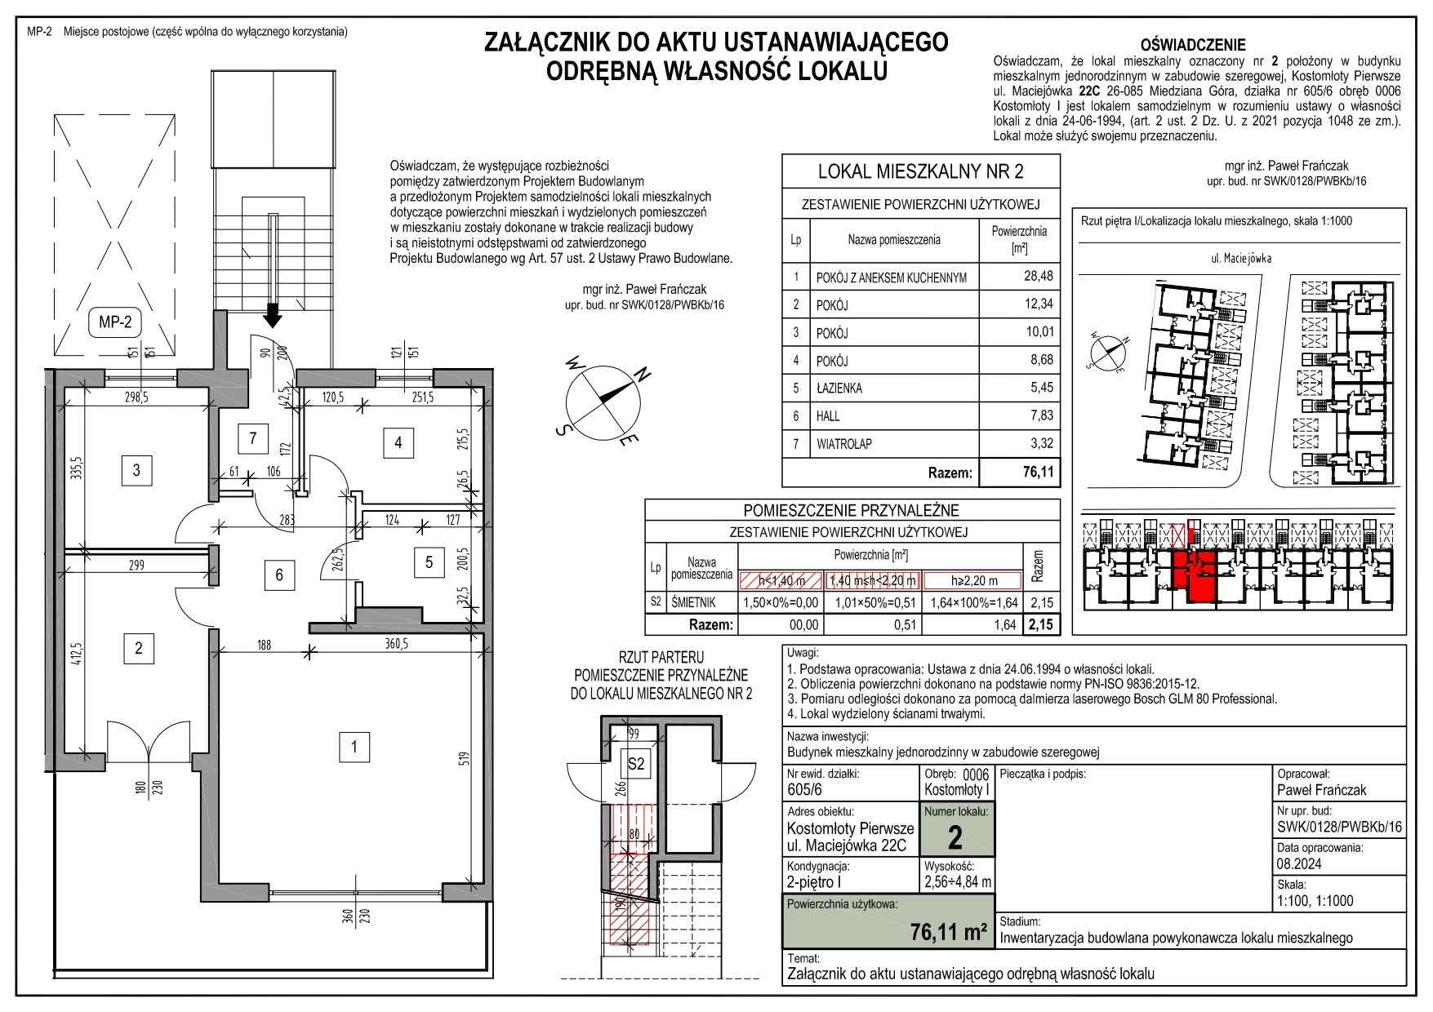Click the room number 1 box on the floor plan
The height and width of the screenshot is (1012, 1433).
pyautogui.click(x=354, y=747)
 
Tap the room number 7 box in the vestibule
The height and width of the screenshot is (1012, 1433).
pyautogui.click(x=252, y=438)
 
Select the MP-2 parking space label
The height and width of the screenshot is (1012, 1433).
pyautogui.click(x=115, y=322)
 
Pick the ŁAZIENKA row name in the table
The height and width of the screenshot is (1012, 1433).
pyautogui.click(x=839, y=388)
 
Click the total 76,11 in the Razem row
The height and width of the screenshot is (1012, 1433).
pyautogui.click(x=1038, y=472)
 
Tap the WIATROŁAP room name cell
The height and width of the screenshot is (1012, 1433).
pyautogui.click(x=844, y=444)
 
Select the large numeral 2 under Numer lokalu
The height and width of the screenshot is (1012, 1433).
pyautogui.click(x=955, y=838)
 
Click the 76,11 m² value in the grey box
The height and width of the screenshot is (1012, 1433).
pyautogui.click(x=949, y=931)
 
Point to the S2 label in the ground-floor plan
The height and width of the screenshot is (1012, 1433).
pyautogui.click(x=635, y=764)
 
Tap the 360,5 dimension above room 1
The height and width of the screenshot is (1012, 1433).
pyautogui.click(x=396, y=644)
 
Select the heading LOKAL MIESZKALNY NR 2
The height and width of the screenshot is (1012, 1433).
pyautogui.click(x=920, y=171)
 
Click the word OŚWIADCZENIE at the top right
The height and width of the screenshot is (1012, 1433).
pyautogui.click(x=1193, y=45)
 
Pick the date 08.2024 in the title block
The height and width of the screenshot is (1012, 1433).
pyautogui.click(x=1299, y=863)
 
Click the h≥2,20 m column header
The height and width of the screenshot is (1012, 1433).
pyautogui.click(x=974, y=581)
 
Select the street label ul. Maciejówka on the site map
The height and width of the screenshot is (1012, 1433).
pyautogui.click(x=1240, y=258)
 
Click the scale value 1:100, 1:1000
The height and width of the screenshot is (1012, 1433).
pyautogui.click(x=1315, y=901)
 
